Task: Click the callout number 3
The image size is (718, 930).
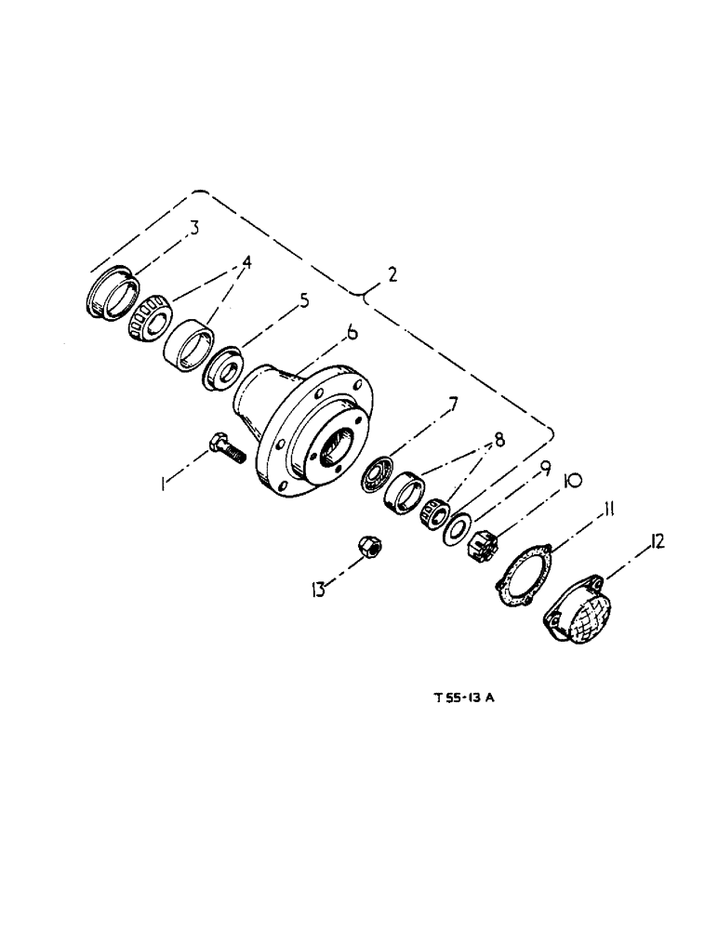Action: (x=194, y=227)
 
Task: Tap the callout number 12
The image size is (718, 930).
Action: (x=658, y=542)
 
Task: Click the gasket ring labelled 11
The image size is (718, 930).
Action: (x=520, y=578)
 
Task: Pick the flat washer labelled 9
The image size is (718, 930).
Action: (x=456, y=529)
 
